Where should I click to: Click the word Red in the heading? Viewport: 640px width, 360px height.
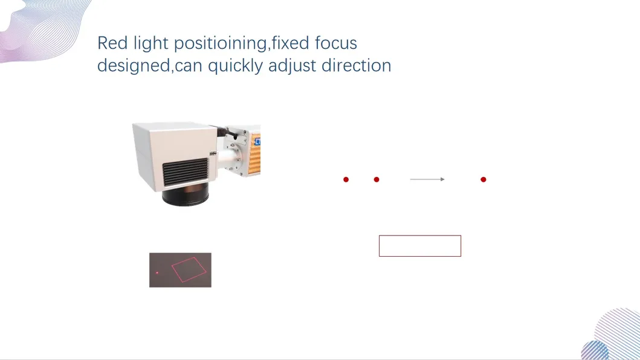click(x=111, y=43)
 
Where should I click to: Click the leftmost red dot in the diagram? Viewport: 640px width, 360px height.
click(x=346, y=179)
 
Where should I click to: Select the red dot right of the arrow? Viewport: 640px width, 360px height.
click(x=483, y=179)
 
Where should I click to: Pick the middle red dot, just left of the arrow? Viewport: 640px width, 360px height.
click(x=377, y=179)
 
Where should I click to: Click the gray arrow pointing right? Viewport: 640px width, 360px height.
click(x=427, y=179)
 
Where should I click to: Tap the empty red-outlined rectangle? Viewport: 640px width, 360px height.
click(x=420, y=246)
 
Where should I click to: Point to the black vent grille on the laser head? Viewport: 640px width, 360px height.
click(x=185, y=172)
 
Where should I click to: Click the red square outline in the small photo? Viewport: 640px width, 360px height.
click(x=190, y=269)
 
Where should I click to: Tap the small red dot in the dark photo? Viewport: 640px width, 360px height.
click(x=157, y=273)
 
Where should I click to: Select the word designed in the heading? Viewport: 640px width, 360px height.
click(x=134, y=66)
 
